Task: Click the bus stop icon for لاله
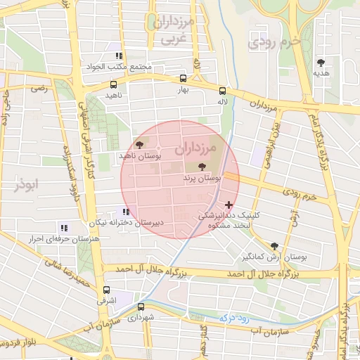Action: [222, 91]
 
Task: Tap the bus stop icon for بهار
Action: [184, 79]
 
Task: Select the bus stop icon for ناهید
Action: [113, 84]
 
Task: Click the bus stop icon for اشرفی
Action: [106, 290]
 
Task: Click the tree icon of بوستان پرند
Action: [203, 167]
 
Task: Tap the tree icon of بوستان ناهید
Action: [139, 143]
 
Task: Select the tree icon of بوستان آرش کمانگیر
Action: [274, 246]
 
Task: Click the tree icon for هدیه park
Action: [321, 63]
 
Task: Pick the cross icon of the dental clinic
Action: [228, 205]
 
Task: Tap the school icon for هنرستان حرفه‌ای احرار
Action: [64, 228]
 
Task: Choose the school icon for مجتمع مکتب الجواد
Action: [119, 56]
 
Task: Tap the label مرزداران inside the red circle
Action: [189, 148]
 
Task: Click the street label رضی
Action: [39, 89]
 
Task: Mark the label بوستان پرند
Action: [204, 180]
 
